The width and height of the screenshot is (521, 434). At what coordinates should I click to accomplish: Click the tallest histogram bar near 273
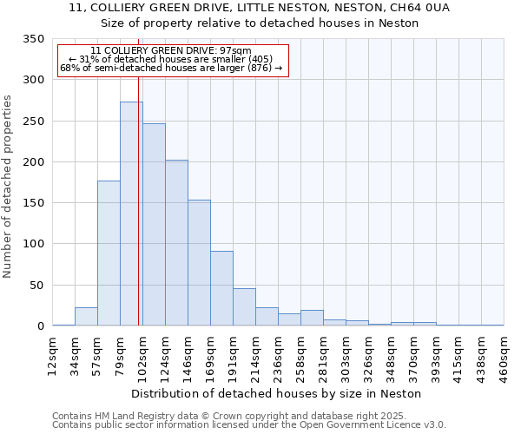point(131,214)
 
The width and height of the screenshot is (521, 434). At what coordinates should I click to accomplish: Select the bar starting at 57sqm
point(109,253)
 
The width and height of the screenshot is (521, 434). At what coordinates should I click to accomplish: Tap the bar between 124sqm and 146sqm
point(176,242)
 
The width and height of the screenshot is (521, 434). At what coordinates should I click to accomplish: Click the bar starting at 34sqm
point(86,317)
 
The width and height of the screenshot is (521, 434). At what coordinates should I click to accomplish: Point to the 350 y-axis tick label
point(33,40)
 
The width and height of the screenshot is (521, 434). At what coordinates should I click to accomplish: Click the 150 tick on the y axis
point(33,203)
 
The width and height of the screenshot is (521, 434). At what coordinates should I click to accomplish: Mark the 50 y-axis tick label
point(36,285)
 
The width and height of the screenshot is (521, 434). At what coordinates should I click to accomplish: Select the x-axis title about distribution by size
point(278,393)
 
